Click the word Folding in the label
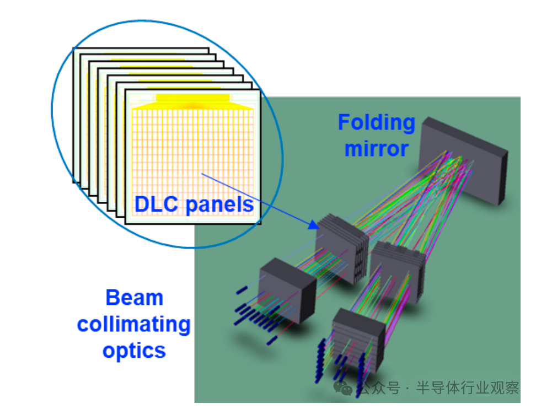click(376, 122)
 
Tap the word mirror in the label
click(376, 148)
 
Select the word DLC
click(157, 204)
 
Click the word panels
click(219, 204)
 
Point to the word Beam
click(134, 298)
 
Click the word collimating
click(134, 324)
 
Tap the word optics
click(134, 351)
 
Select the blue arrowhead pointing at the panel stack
click(313, 224)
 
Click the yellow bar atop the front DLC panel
click(192, 98)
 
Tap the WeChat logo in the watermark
click(344, 389)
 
